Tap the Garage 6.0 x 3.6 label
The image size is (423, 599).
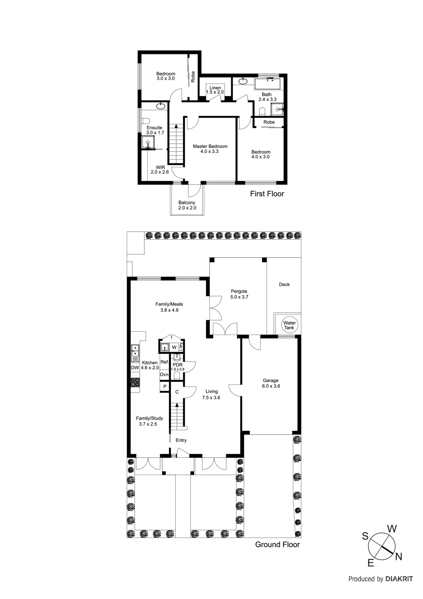271,383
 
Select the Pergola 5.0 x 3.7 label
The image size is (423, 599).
239,294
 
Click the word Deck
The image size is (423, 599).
284,285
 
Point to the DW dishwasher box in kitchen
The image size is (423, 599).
135,368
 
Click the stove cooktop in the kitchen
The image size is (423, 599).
135,382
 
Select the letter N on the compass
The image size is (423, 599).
399,557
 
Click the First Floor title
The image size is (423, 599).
267,194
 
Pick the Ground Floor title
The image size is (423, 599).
277,545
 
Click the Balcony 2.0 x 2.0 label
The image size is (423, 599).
187,205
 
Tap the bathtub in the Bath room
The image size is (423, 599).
267,83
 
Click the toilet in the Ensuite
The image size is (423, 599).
145,121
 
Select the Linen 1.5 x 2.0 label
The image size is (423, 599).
215,90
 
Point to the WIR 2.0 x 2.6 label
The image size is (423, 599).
160,170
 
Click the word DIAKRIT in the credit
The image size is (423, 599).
399,579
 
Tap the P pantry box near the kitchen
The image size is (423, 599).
165,387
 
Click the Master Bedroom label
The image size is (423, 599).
210,149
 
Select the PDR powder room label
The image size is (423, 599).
178,365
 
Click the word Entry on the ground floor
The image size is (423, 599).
181,440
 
